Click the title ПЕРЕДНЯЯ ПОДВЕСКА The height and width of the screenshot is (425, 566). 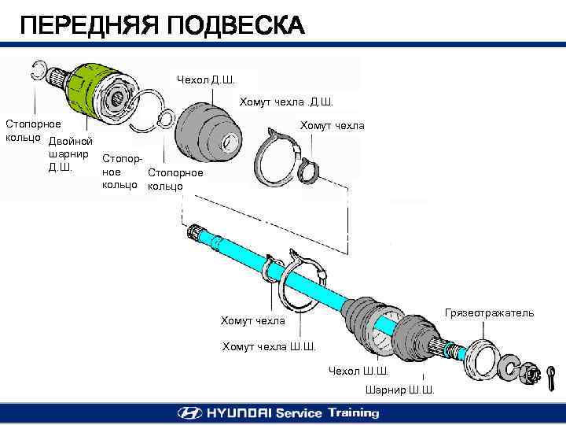pos(161,26)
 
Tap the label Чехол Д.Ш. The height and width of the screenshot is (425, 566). pos(205,79)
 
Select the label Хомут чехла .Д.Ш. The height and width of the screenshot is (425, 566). pos(286,102)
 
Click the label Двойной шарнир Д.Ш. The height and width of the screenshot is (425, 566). pos(70,153)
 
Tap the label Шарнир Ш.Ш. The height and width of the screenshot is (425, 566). pos(400,390)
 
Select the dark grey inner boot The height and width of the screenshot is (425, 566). pos(206,135)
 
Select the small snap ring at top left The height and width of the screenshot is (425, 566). pos(39,68)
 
